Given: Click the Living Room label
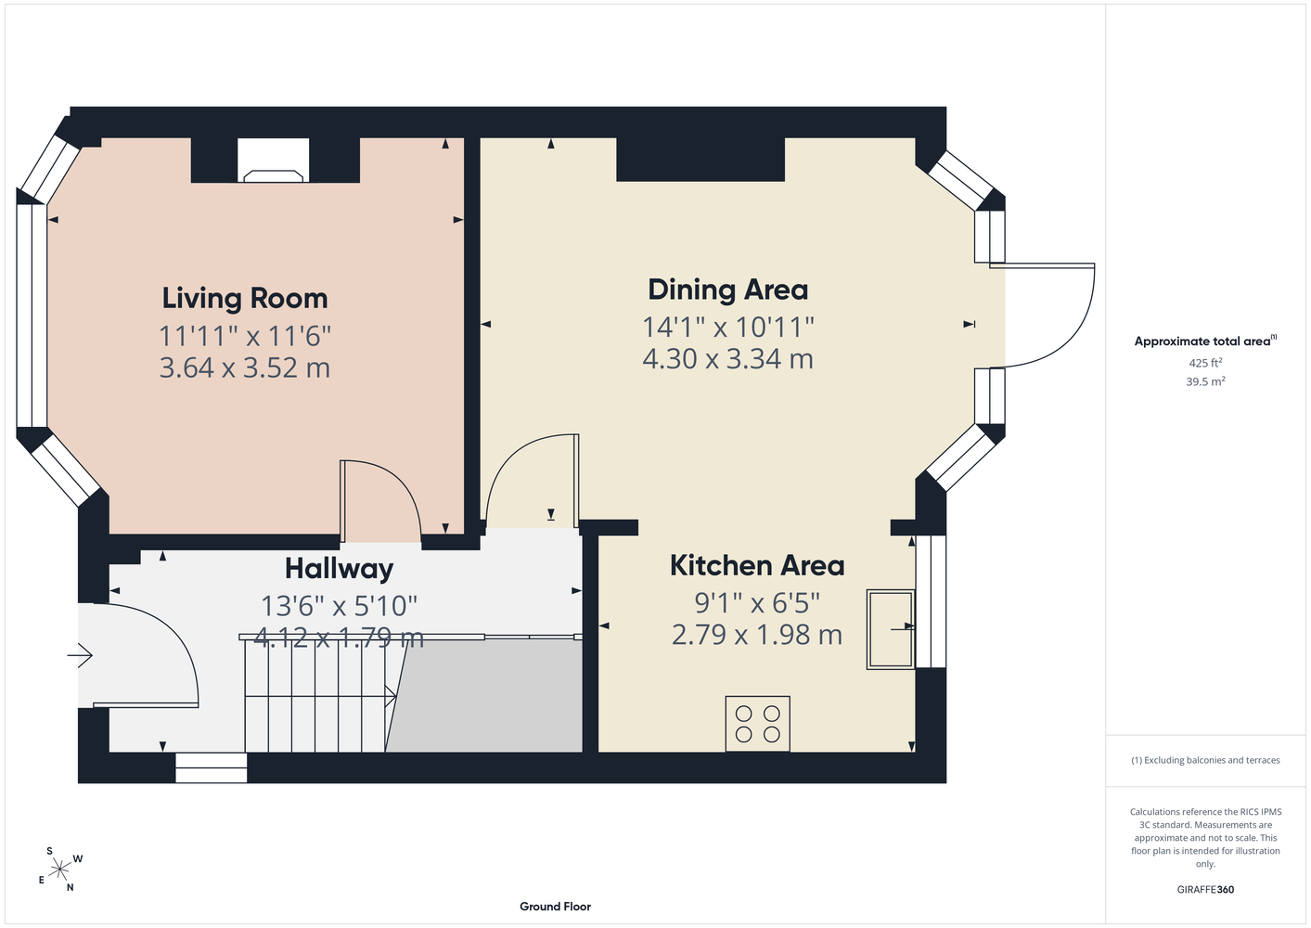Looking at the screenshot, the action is [x=245, y=299].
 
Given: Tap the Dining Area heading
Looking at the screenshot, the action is [x=727, y=290].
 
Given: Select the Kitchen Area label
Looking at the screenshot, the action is [x=757, y=565].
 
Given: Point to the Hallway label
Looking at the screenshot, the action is [x=339, y=569].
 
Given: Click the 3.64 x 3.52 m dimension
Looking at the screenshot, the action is [x=245, y=367].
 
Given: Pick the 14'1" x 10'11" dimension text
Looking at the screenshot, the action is [x=728, y=327].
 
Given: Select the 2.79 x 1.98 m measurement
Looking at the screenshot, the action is [x=757, y=635].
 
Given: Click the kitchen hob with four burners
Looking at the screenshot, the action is [x=757, y=724].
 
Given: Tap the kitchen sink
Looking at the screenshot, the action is [x=890, y=629].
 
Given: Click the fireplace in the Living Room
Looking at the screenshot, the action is [x=274, y=161].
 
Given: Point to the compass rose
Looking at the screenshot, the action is [x=59, y=870].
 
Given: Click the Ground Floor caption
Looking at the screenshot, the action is [x=555, y=907].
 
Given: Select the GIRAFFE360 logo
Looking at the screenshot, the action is [x=1205, y=889].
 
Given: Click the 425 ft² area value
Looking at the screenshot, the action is [x=1205, y=363].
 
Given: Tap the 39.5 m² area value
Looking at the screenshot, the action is [x=1205, y=381].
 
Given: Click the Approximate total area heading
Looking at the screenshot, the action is [x=1205, y=341].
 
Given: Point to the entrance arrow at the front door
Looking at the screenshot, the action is [x=80, y=655].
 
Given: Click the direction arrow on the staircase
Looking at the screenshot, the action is [x=391, y=696].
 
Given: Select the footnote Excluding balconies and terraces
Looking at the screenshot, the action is [x=1205, y=760].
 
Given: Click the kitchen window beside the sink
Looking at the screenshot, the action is [x=931, y=601].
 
